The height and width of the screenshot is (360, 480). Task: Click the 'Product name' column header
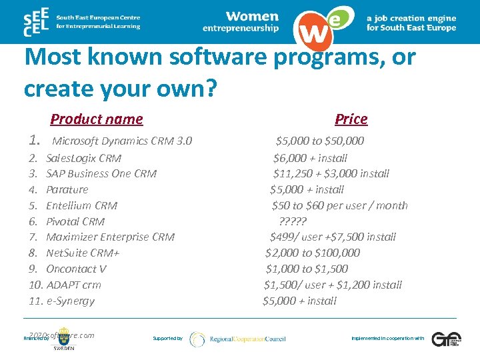97,119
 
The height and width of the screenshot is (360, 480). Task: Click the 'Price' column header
351,119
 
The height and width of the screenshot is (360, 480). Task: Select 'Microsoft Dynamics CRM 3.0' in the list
122,141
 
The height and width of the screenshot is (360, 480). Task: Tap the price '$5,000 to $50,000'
320,141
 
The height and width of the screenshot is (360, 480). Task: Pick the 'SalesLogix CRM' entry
83,158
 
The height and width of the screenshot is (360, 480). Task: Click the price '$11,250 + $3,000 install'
331,174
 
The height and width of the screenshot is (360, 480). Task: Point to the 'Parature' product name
67,190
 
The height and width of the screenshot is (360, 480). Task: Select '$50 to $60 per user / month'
339,205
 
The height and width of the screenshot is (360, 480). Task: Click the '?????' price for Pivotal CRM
292,221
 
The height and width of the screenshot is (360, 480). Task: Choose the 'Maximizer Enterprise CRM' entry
110,237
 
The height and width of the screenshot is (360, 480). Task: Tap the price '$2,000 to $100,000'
312,253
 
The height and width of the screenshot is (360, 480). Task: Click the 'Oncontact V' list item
76,269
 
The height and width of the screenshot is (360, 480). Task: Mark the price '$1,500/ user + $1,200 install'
333,285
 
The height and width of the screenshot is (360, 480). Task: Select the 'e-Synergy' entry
70,301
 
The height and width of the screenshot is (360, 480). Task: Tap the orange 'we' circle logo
319,27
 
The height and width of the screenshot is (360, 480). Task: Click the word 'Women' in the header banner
252,16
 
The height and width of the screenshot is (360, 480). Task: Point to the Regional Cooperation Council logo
237,339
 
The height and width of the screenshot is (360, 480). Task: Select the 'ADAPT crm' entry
73,285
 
